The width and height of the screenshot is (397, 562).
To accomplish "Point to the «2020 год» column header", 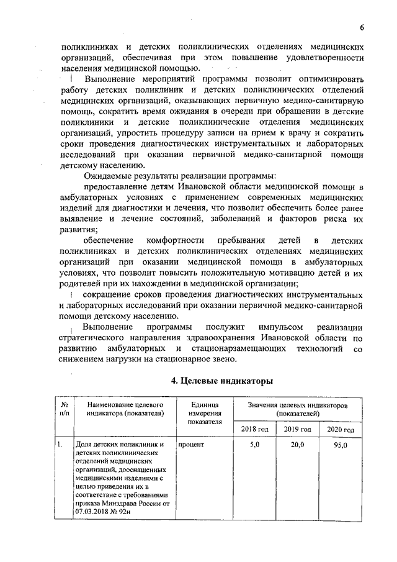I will point(341,430).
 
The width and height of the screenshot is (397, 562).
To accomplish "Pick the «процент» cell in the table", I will point(190,445).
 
